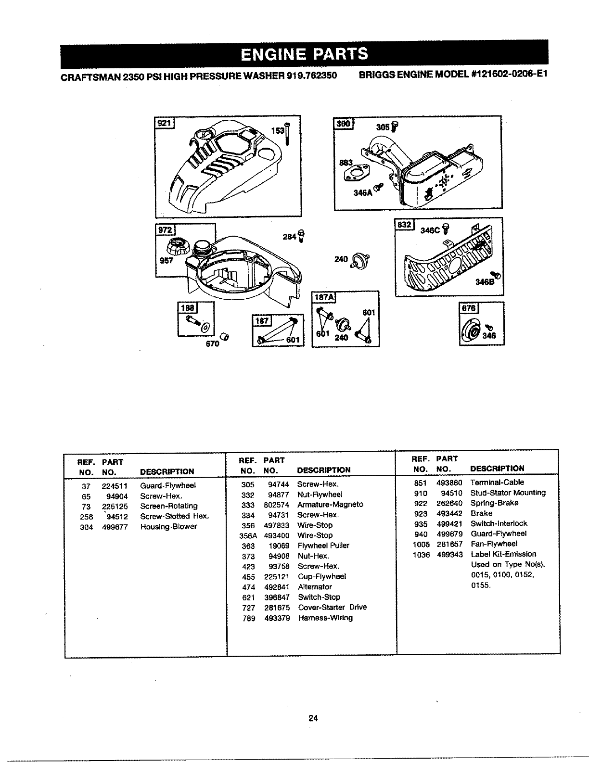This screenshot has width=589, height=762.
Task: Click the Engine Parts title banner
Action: (304, 54)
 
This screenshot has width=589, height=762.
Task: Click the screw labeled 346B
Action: (498, 275)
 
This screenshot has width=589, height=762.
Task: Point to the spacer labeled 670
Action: (224, 336)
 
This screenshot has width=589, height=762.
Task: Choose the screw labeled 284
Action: (301, 236)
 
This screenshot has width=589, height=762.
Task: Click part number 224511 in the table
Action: (115, 486)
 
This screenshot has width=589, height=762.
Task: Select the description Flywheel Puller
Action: (323, 546)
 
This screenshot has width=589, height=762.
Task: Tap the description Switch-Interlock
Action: (499, 523)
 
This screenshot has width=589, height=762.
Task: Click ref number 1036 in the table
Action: (421, 555)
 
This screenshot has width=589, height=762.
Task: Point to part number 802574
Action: (277, 505)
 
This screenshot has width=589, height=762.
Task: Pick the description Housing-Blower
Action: (168, 527)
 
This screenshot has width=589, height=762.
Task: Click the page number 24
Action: (313, 719)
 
